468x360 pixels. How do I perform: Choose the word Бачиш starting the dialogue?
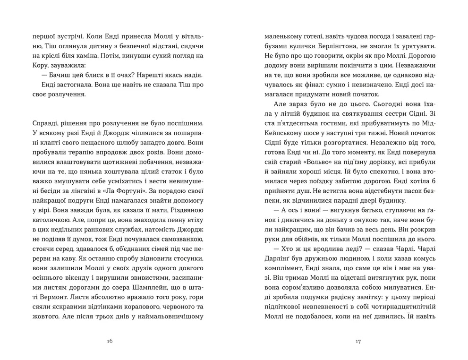point(61,75)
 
